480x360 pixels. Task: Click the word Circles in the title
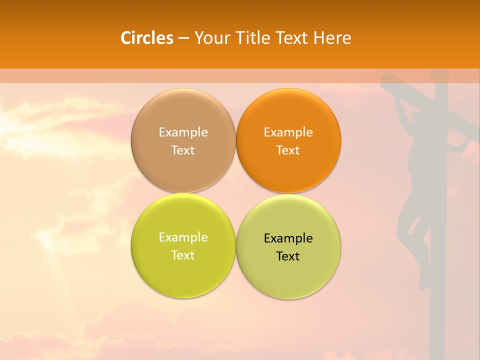(146, 38)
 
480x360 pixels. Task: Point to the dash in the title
(183, 38)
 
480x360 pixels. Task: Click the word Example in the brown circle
(183, 132)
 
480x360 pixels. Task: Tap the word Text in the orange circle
(288, 150)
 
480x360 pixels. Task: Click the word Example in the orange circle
(288, 132)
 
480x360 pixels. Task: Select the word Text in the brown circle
(183, 150)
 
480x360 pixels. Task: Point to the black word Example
(288, 238)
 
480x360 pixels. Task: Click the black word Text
(288, 256)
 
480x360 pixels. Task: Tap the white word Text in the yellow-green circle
(183, 255)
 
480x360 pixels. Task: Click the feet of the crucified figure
(425, 280)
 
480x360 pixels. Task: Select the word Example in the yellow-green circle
(183, 237)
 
